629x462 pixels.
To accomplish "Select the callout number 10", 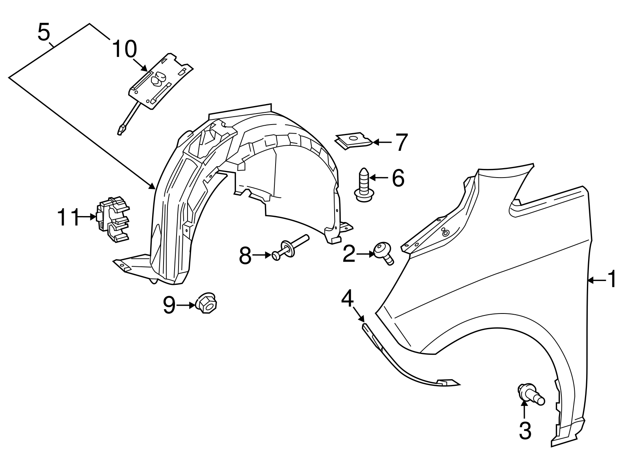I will tap(124, 50).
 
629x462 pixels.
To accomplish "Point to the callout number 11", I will tap(69, 217).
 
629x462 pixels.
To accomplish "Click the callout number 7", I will tap(401, 142).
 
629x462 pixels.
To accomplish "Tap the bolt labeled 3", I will tap(531, 396).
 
